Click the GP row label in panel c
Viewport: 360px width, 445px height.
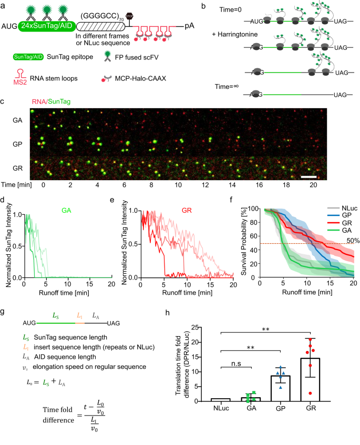coord(17,143)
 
